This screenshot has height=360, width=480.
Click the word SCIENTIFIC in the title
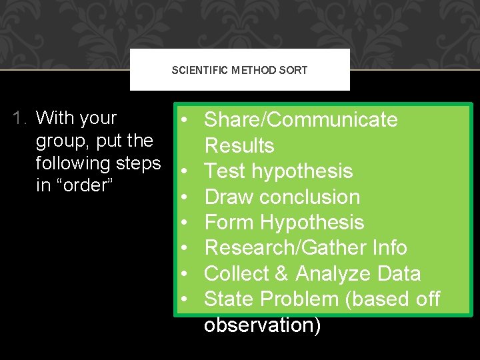click(x=199, y=70)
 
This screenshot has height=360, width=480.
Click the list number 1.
click(x=19, y=118)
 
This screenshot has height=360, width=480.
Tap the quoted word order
click(x=85, y=185)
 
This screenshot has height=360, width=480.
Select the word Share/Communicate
click(x=301, y=119)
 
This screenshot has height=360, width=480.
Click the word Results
click(x=239, y=145)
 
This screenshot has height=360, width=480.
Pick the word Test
click(x=225, y=171)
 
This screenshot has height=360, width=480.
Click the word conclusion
click(x=310, y=197)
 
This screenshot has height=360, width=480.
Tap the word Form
click(x=229, y=222)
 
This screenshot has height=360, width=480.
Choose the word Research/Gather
click(x=286, y=247)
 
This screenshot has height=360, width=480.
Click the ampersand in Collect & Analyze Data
click(x=281, y=273)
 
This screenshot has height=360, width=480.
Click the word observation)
click(x=263, y=325)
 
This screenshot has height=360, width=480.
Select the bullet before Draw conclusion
click(x=184, y=197)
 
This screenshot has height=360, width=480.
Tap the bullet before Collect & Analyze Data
click(x=184, y=273)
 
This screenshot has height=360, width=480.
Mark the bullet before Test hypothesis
click(x=184, y=171)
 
